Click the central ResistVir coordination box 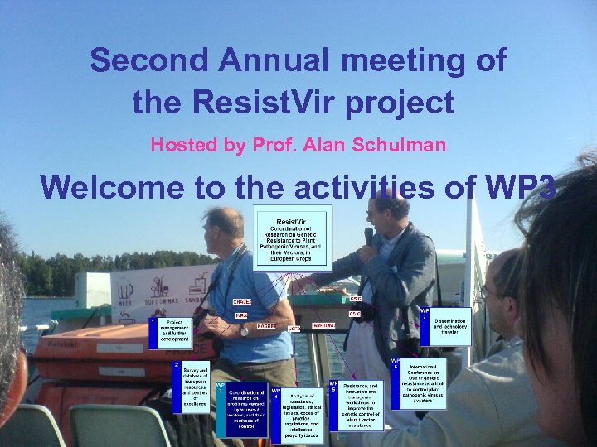(x=293, y=238)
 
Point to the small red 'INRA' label (x=241, y=315)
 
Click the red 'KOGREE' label (x=266, y=327)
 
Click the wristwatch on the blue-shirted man (x=244, y=330)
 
